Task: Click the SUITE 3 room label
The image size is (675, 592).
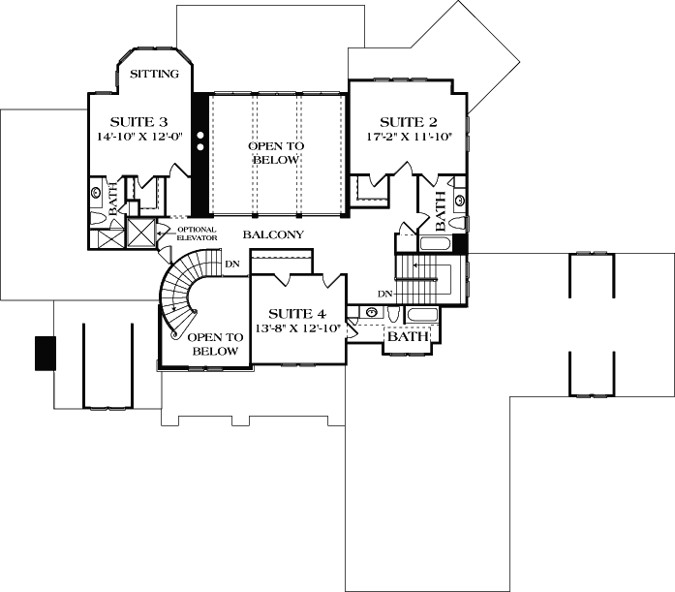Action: [138, 122]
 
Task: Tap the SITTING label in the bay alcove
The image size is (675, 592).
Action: [154, 74]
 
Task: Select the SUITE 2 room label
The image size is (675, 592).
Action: [408, 122]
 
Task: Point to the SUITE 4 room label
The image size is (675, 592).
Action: [296, 313]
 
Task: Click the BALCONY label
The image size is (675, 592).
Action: [273, 235]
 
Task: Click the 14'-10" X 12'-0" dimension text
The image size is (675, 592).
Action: [138, 138]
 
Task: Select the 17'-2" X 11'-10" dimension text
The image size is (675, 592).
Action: [408, 138]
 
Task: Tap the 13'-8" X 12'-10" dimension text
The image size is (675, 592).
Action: [296, 328]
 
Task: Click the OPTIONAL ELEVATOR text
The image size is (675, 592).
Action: [197, 234]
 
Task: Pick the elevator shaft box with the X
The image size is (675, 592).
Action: [141, 234]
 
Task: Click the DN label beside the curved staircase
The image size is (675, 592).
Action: [232, 263]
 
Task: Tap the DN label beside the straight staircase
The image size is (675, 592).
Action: [384, 293]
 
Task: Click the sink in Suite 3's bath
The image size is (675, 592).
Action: [97, 193]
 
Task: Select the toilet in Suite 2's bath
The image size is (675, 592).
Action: [459, 200]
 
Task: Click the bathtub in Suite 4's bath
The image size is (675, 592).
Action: [421, 315]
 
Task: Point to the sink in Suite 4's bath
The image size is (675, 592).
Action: [371, 313]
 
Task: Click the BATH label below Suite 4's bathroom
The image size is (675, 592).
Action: [407, 337]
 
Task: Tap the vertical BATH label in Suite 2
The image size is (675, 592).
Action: [441, 209]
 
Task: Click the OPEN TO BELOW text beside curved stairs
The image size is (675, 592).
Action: [213, 344]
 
